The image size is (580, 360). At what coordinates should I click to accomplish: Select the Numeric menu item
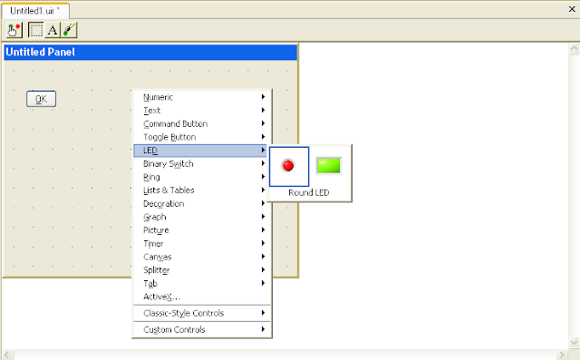[159, 97]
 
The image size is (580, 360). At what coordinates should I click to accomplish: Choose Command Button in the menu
[175, 123]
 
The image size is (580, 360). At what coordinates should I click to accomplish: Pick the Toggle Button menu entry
[169, 137]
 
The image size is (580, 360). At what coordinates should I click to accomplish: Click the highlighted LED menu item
[150, 151]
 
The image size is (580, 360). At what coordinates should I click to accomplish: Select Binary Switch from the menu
[168, 163]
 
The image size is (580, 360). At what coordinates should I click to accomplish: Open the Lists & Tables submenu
[169, 190]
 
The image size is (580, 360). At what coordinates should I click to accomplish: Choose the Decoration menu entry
[163, 204]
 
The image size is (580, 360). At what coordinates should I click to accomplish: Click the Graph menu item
[155, 217]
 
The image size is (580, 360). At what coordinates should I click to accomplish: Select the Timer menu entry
[154, 244]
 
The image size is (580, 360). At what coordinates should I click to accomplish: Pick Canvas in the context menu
[157, 257]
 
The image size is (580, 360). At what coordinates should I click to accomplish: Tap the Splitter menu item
[157, 270]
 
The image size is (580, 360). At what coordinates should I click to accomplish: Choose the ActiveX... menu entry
[162, 297]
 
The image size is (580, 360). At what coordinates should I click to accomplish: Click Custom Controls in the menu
[174, 329]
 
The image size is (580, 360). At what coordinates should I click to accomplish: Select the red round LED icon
[289, 165]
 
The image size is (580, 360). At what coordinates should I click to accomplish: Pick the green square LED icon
[328, 165]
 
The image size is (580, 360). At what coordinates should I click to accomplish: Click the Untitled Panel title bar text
[41, 52]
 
